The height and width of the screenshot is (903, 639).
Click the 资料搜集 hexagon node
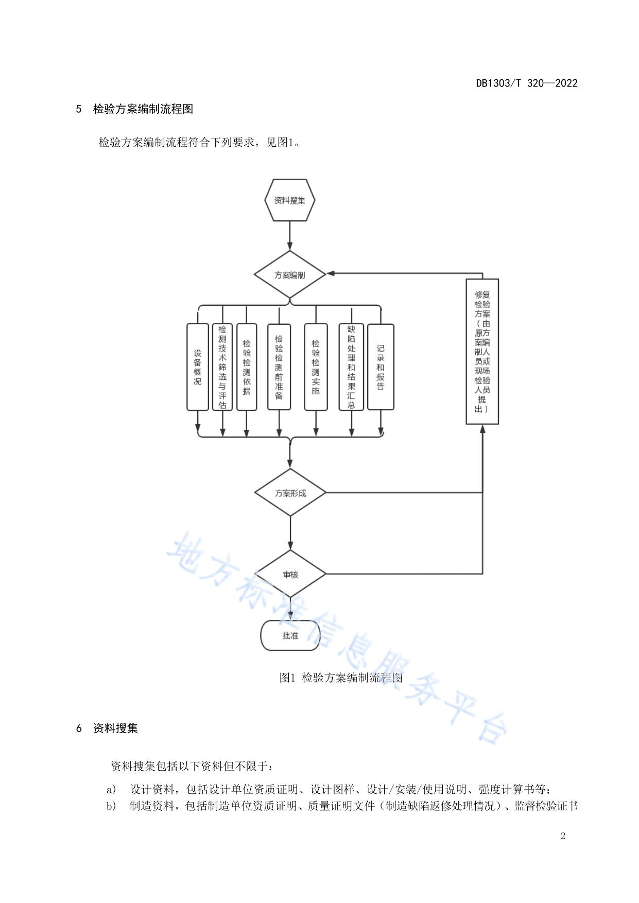[289, 200]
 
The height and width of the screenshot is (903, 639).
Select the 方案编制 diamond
[289, 275]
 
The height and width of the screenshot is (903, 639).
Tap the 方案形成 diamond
[290, 493]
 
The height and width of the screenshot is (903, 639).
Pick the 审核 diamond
[290, 574]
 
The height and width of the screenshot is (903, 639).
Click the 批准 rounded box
[290, 636]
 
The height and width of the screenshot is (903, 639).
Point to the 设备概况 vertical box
[198, 367]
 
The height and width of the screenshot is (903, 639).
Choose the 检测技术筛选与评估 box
[222, 367]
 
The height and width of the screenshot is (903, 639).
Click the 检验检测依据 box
[247, 367]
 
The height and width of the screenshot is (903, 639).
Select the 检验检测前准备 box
[279, 367]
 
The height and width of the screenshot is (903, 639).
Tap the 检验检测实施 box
[316, 367]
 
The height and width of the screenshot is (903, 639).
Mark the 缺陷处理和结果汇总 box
[351, 367]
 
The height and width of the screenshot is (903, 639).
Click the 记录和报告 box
[381, 367]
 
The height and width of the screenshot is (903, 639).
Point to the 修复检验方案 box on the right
[482, 352]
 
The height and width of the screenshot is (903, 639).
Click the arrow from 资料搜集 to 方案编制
[290, 236]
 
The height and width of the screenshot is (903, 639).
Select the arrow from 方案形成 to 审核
[290, 533]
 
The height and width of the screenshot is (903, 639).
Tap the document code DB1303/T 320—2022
[526, 83]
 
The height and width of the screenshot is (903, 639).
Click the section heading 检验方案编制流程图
[143, 109]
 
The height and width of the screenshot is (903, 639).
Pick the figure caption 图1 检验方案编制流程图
[340, 678]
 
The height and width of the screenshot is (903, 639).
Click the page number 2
[563, 836]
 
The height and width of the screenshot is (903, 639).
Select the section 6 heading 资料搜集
[115, 728]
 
